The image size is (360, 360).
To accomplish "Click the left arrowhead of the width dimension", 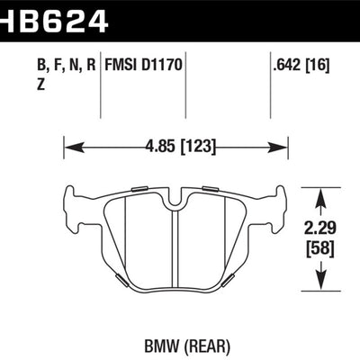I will [x=68, y=142].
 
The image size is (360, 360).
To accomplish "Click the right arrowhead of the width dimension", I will [x=282, y=142].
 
